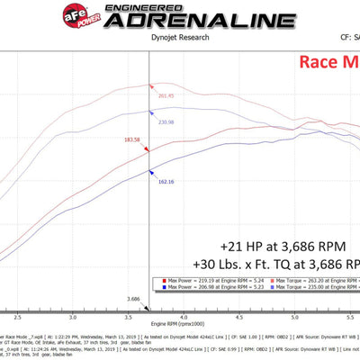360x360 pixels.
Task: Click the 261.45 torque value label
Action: pyautogui.click(x=166, y=94)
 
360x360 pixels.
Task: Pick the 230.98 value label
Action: pyautogui.click(x=165, y=122)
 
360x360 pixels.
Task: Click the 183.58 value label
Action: pyautogui.click(x=132, y=140)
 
